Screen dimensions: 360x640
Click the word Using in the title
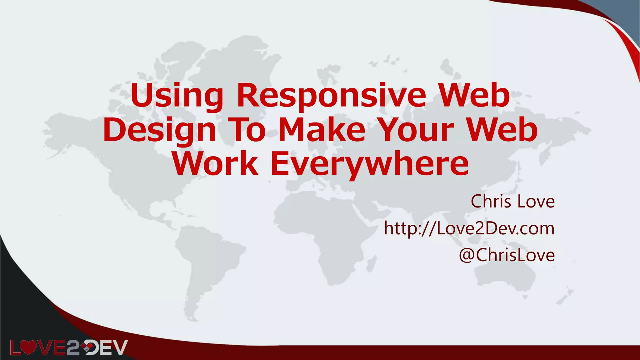coord(177,95)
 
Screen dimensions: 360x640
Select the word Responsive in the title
coord(332,95)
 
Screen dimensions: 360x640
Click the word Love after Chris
coord(536,201)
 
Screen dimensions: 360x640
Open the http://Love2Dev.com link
coord(469,228)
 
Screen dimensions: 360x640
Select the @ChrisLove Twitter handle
coord(507,255)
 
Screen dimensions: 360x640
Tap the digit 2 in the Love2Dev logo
coord(72,348)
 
